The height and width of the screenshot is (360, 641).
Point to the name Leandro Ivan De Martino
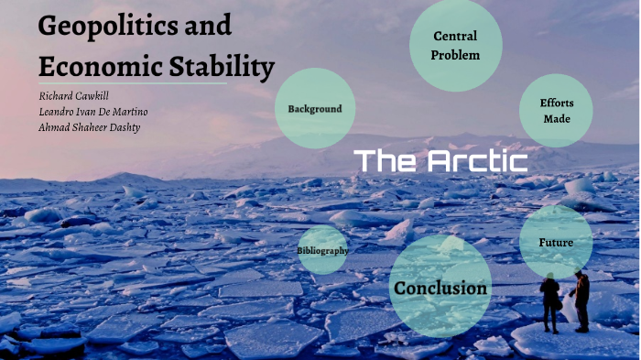(x=92, y=111)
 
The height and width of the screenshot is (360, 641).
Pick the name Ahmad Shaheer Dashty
(x=89, y=126)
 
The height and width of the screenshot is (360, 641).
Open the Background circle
(x=314, y=109)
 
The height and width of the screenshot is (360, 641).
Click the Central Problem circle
(x=455, y=45)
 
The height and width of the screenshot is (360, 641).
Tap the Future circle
(x=556, y=243)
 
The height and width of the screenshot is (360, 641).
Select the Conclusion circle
(x=440, y=288)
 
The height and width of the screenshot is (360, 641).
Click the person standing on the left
(x=549, y=302)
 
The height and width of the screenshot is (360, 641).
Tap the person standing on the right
(x=581, y=300)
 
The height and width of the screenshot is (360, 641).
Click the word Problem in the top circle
(x=456, y=54)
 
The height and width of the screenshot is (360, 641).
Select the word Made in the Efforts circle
(x=557, y=118)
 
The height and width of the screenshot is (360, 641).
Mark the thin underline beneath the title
(x=132, y=84)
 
